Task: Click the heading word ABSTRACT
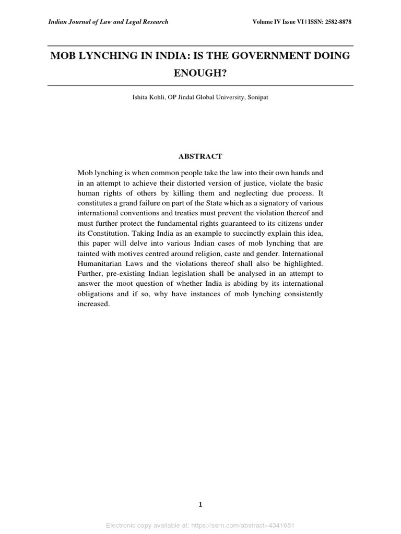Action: [200, 156]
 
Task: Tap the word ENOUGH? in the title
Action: [200, 73]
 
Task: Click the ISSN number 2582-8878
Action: [338, 22]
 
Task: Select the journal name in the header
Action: [108, 22]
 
